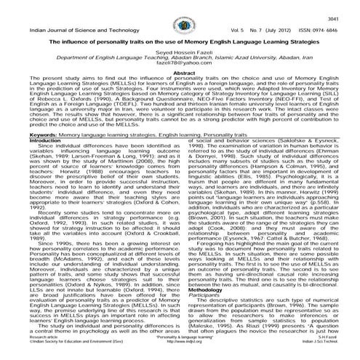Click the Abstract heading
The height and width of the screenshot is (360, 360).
[x=180, y=83]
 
